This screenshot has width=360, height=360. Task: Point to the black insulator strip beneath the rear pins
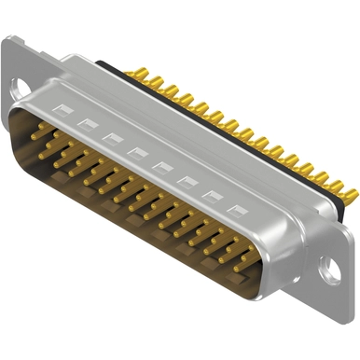coord(233,140)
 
